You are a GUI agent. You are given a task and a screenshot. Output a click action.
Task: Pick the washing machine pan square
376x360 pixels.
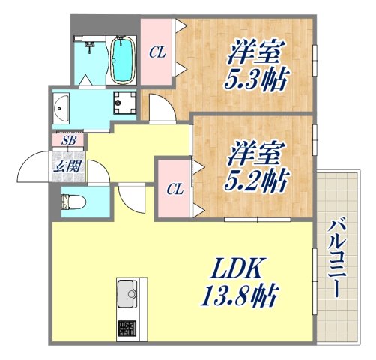coord(124,104)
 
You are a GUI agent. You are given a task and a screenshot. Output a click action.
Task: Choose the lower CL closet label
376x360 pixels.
coord(172,188)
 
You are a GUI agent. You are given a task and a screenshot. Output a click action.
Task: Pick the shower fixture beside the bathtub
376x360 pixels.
coord(89,47)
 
